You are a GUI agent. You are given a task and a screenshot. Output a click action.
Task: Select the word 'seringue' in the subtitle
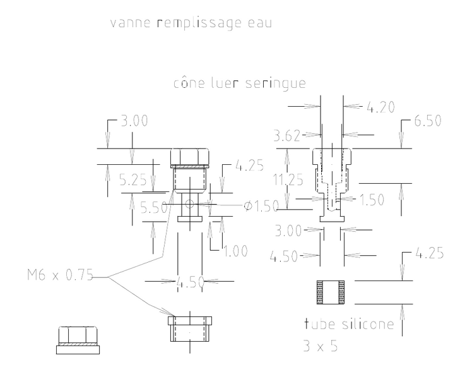[276, 83]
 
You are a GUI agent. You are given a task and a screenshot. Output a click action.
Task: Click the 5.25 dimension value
[133, 180]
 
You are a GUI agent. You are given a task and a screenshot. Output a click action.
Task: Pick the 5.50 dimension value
[153, 207]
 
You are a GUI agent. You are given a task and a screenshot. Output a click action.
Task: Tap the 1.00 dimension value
[235, 251]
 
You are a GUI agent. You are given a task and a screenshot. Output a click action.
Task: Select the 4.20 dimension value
[381, 107]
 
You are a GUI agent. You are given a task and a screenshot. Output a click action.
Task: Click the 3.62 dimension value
[286, 136]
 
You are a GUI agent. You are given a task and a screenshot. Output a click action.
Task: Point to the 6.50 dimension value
[428, 121]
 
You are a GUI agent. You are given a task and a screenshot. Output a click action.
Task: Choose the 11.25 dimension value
[288, 180]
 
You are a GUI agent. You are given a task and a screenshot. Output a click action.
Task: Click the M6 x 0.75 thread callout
[60, 275]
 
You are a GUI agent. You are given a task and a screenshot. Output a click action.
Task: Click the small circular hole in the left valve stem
[189, 204]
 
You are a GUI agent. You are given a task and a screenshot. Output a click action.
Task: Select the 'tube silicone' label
[349, 324]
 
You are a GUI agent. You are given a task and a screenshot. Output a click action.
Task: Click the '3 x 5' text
[321, 346]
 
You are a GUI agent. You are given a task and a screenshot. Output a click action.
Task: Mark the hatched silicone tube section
[331, 292]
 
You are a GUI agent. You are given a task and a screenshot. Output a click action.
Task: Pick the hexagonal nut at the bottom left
[78, 340]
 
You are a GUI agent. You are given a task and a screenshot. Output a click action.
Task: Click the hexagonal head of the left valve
[190, 157]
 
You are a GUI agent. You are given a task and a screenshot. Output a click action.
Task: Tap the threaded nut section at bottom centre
[190, 329]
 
